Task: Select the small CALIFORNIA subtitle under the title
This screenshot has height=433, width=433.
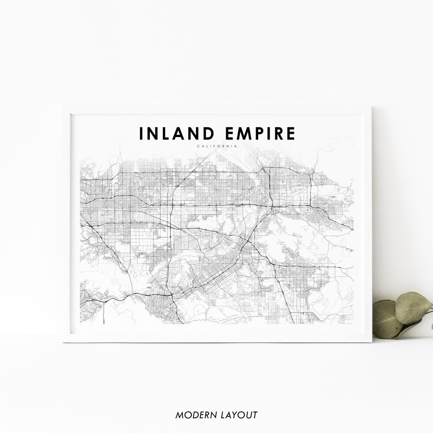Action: point(217,146)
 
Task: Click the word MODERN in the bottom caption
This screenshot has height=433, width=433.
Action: point(195,415)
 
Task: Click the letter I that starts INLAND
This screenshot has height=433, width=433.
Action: point(141,134)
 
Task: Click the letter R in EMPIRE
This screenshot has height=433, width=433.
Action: point(281,134)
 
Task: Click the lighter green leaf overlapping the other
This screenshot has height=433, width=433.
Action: point(413,307)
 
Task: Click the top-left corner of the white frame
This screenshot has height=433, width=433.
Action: point(64,107)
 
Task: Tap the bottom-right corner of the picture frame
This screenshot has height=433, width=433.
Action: point(371,342)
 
